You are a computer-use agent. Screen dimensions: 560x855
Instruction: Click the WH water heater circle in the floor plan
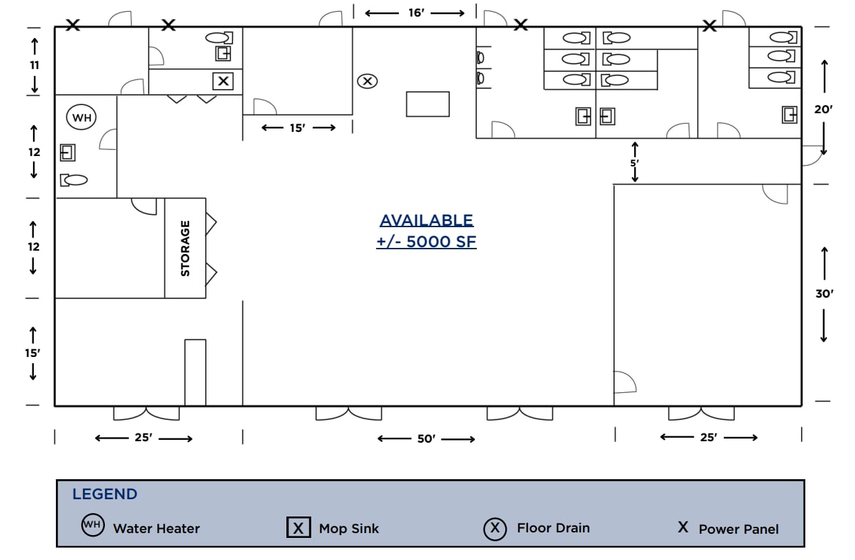[x=82, y=118]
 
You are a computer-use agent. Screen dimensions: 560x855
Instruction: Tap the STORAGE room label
[x=185, y=249]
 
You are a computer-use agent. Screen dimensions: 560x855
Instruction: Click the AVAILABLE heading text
[x=426, y=220]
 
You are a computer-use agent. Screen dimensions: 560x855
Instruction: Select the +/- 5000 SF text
[x=426, y=242]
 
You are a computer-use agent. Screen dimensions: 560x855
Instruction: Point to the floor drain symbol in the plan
[x=367, y=81]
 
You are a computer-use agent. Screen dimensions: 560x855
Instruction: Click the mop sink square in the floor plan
[x=223, y=81]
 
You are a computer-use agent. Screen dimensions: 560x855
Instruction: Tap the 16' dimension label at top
[x=415, y=13]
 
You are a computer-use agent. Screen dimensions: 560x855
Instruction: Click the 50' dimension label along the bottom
[x=426, y=439]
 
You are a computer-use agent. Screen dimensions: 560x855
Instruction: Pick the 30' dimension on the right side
[x=825, y=293]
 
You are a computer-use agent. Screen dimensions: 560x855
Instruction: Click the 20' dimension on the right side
[x=824, y=109]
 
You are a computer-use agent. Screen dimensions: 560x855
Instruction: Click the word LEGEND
[x=105, y=494]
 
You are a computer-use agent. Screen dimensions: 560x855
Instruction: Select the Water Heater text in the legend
[x=157, y=529]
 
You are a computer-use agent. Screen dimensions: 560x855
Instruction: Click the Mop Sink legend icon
[x=298, y=528]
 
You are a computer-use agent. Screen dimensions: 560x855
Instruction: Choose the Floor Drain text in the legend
[x=553, y=528]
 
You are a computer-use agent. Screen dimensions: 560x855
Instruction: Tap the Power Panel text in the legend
[x=738, y=530]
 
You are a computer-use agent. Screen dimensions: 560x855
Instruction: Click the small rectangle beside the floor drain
[x=428, y=104]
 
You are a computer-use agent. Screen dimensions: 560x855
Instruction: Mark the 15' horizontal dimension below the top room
[x=297, y=128]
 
